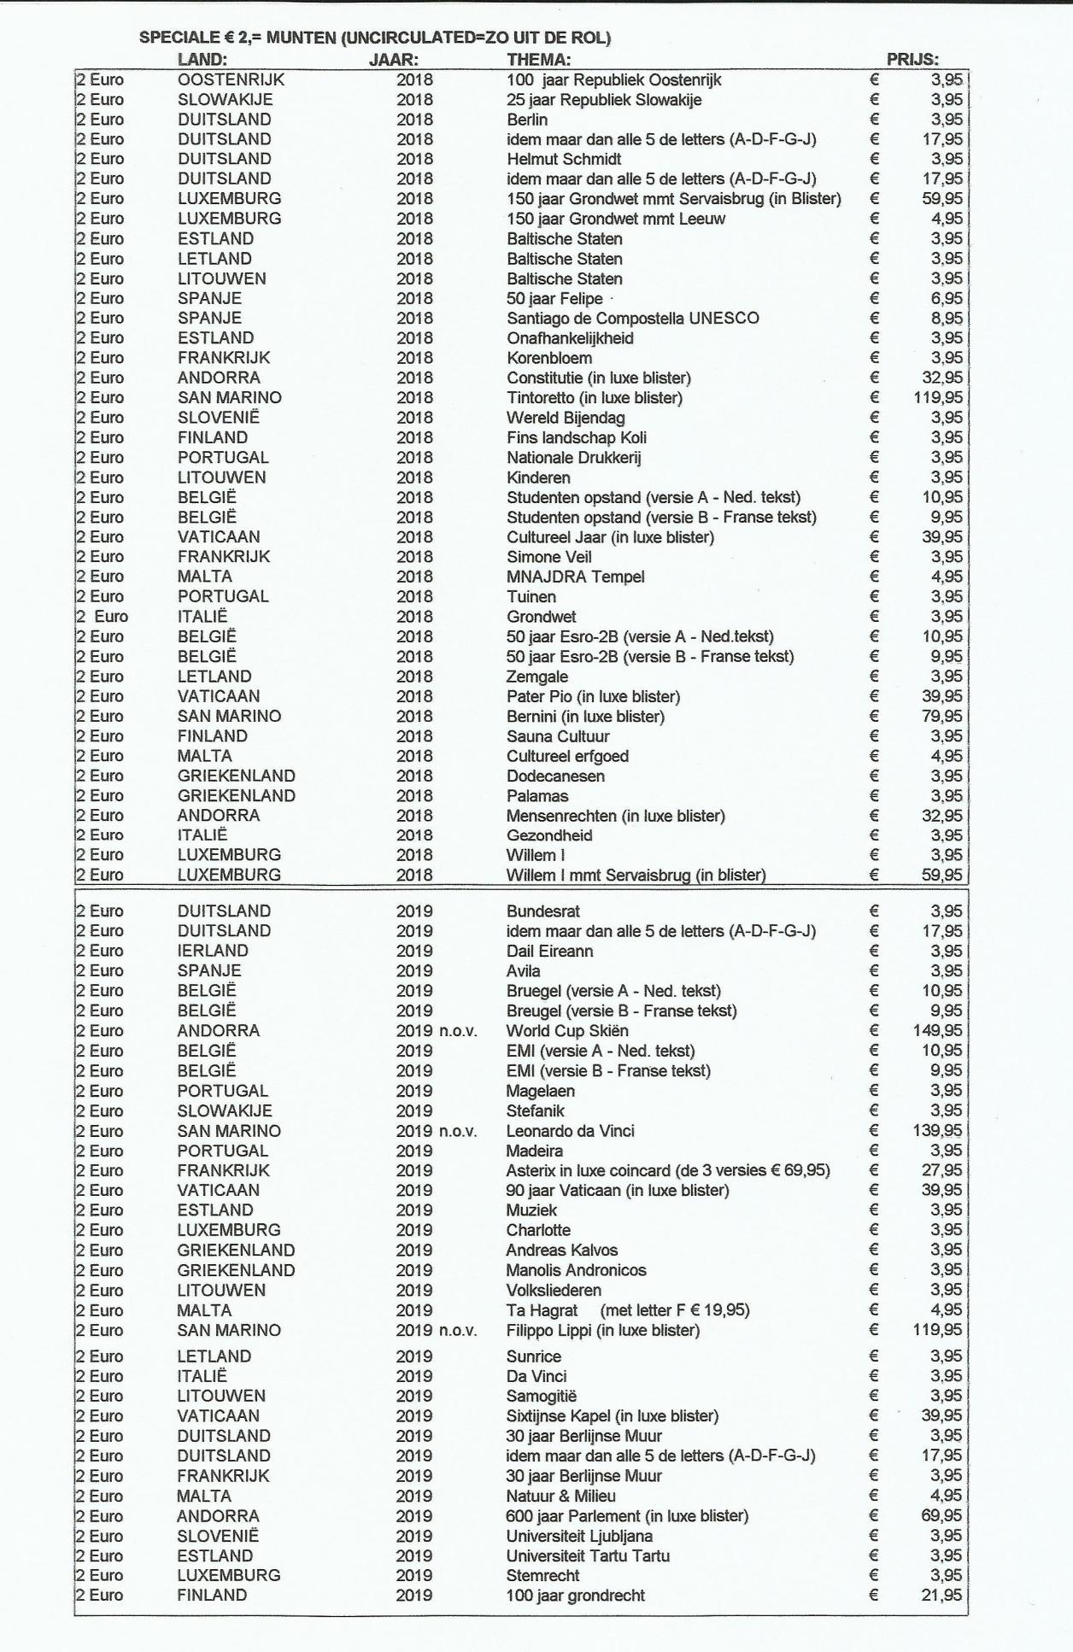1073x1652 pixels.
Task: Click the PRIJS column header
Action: click(x=912, y=59)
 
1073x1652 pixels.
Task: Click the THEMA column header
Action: click(x=538, y=59)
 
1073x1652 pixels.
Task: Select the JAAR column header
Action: click(x=393, y=59)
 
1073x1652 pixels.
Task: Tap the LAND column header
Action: click(x=202, y=59)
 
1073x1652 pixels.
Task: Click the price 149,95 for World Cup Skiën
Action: click(x=937, y=1030)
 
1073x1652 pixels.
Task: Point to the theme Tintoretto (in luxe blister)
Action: click(x=595, y=397)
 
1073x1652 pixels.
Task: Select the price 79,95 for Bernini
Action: click(x=941, y=716)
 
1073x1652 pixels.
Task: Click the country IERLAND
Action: click(x=213, y=951)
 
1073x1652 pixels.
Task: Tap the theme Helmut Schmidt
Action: click(x=564, y=159)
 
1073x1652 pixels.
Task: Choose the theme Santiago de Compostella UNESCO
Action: click(x=632, y=318)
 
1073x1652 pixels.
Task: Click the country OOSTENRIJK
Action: click(x=231, y=79)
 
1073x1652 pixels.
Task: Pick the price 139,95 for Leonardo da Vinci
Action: click(x=937, y=1130)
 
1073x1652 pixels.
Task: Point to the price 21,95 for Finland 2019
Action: click(x=941, y=1595)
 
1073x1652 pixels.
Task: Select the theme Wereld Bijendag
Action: click(x=566, y=418)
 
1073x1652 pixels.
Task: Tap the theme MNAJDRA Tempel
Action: click(x=575, y=577)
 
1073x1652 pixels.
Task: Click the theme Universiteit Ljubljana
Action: click(x=579, y=1535)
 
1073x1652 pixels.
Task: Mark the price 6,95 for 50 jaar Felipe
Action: click(x=947, y=298)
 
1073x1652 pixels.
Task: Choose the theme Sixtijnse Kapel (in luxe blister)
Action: click(x=612, y=1415)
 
